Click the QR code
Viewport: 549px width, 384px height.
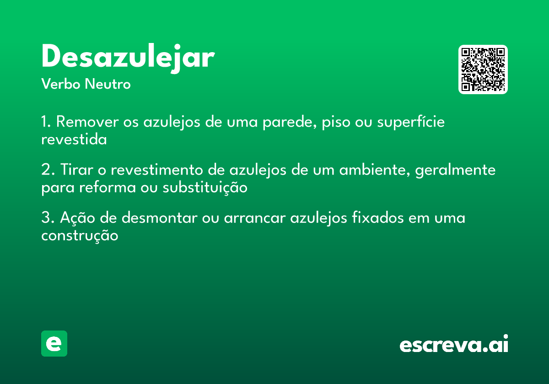(483, 69)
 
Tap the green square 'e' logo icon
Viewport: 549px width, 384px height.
(54, 343)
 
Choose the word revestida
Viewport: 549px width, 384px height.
(74, 139)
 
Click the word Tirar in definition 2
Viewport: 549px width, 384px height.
(73, 170)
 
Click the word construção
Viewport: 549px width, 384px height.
(80, 235)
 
